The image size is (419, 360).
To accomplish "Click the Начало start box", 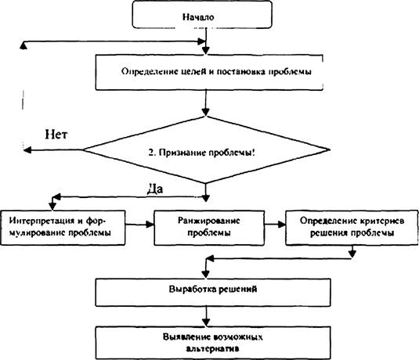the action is tap(202, 15).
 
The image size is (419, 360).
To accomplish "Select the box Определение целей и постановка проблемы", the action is tap(209, 72).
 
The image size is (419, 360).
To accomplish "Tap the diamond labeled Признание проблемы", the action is tap(206, 149).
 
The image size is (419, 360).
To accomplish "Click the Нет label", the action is tap(56, 134).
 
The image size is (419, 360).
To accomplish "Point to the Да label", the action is tap(155, 189).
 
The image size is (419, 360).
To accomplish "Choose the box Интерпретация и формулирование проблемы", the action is tap(63, 228).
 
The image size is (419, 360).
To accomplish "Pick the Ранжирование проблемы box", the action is tap(209, 228).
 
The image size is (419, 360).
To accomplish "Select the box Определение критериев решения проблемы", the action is tap(352, 228).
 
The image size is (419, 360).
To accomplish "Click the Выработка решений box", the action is tap(213, 293).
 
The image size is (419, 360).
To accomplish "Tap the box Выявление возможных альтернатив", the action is tap(213, 343).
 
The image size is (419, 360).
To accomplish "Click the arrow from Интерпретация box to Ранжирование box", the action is tap(139, 225).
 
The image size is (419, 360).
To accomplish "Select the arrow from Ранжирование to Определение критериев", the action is tap(275, 225).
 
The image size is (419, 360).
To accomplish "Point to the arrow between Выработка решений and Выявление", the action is tap(206, 316).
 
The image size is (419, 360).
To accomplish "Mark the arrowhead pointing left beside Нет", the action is tap(27, 150).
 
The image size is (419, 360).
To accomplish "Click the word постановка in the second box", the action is tap(240, 72).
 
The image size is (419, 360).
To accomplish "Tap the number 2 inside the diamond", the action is tap(151, 153).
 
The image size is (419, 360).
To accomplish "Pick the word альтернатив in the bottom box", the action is tap(212, 349).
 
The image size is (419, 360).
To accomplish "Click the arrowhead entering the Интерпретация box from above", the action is tap(52, 207).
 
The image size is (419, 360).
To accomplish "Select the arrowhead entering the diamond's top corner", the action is tap(205, 112).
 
